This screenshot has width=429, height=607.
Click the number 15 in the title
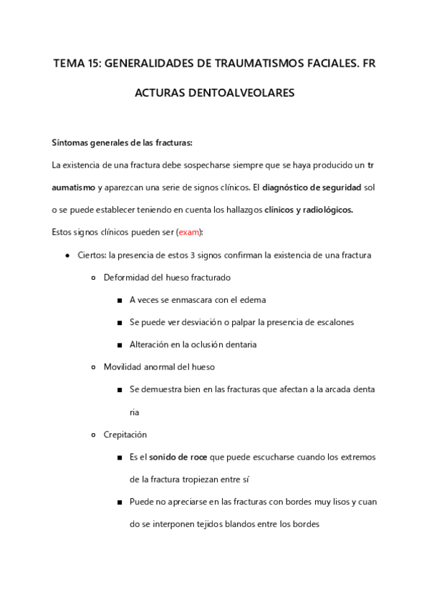click(92, 64)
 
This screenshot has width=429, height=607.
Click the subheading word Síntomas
click(70, 142)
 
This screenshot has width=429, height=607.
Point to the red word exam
click(189, 232)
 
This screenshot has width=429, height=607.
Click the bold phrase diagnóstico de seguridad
click(312, 188)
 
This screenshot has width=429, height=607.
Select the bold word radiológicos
click(324, 210)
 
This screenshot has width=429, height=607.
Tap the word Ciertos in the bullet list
click(91, 255)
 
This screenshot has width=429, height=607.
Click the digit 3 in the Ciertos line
click(193, 255)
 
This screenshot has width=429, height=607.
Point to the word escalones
click(331, 322)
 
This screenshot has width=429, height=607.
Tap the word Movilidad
click(125, 366)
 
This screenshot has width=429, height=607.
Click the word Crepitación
click(125, 434)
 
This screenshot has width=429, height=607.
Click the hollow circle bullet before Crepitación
click(95, 434)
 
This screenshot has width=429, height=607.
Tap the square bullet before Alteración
click(120, 344)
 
